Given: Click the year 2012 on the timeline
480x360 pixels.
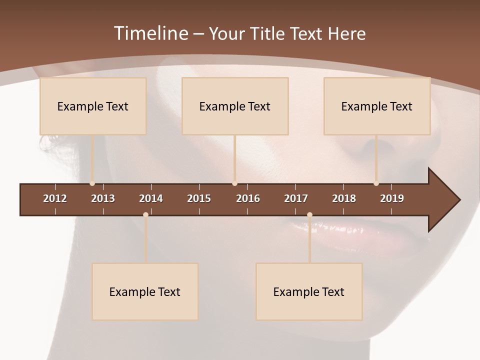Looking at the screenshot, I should [55, 198].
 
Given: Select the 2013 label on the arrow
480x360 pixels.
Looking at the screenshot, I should [103, 198].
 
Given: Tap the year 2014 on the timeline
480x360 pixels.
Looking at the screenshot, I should [151, 198].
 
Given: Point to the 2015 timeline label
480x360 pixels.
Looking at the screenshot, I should [199, 198].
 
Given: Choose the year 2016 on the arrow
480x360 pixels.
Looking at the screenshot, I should [248, 198].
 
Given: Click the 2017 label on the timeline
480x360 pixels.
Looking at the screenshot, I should [296, 198].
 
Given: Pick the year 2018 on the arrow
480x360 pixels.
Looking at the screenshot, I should [344, 198].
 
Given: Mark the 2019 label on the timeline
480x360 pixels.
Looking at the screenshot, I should [392, 198].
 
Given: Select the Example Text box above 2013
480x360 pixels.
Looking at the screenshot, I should [93, 106].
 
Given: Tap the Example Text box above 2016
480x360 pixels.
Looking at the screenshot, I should [235, 106].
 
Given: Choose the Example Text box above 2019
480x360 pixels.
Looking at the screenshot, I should [377, 106].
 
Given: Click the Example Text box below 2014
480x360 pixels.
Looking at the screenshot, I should [145, 291].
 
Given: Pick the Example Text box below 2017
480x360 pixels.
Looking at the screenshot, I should [309, 291].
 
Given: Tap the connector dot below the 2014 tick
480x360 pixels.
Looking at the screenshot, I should [145, 215].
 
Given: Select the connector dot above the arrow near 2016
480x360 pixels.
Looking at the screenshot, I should [234, 183].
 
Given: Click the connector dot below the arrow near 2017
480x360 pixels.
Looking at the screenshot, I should [309, 215].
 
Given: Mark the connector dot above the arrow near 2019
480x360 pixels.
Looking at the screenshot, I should [376, 183].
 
